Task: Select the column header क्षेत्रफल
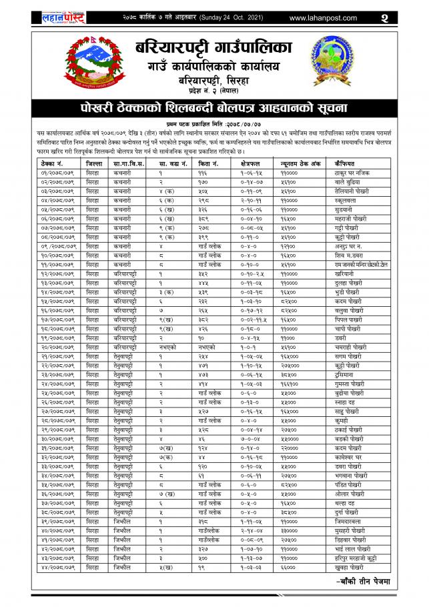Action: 252,163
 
